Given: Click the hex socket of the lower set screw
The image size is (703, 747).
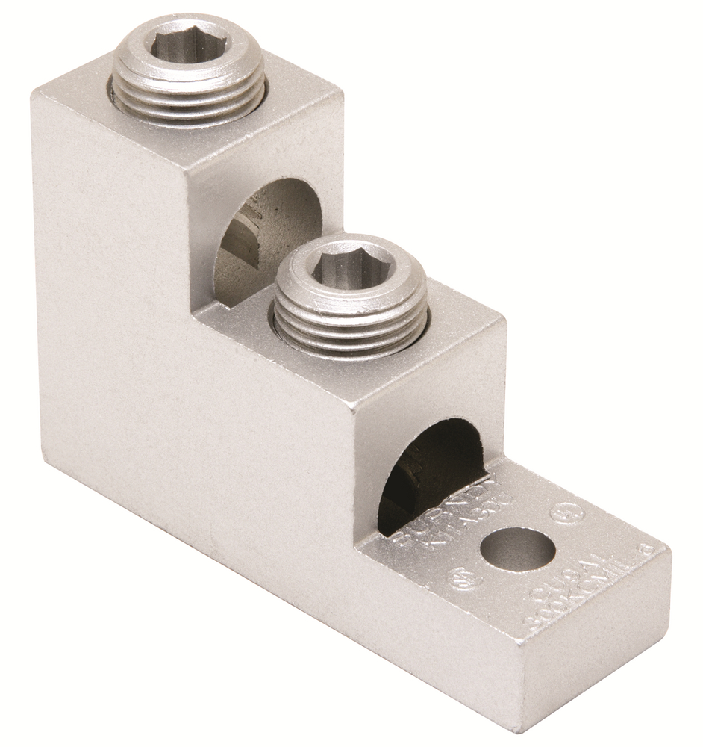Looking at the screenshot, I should tap(351, 265).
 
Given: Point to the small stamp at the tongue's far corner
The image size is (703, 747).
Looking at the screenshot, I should tap(646, 549).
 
